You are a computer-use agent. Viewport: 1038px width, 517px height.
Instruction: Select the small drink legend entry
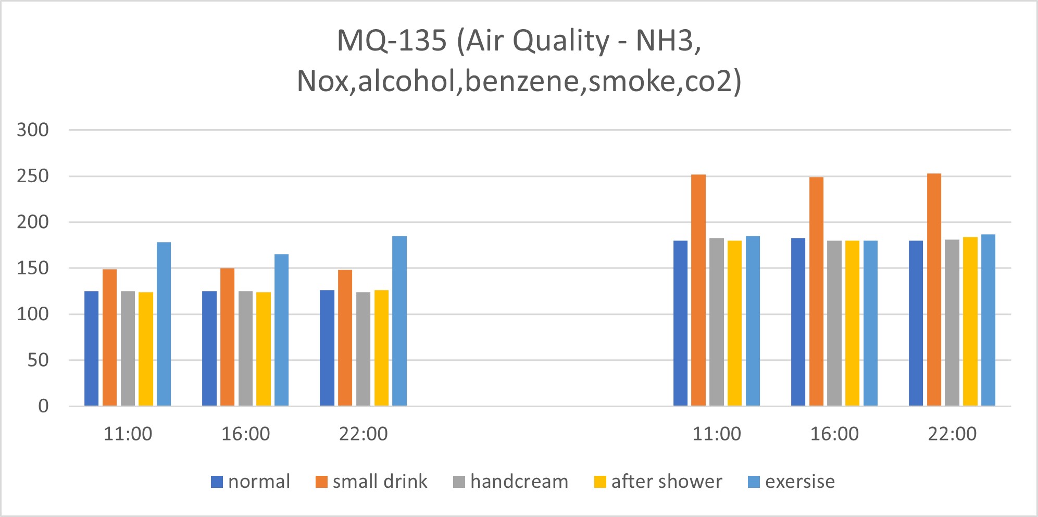coord(371,482)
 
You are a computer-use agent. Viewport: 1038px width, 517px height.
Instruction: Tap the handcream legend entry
coord(510,482)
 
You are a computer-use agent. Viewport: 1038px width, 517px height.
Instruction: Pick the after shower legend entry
coord(658,482)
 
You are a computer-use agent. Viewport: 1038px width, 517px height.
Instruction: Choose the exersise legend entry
coord(792,482)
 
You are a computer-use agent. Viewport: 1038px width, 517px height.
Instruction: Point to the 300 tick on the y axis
coord(33,130)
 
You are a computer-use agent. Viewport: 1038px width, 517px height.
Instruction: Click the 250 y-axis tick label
coord(33,176)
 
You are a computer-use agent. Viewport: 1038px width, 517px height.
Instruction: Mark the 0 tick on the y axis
coord(43,406)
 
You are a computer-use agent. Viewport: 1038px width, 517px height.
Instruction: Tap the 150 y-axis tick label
coord(33,268)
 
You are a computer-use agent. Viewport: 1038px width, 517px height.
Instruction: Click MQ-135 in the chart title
coord(392,41)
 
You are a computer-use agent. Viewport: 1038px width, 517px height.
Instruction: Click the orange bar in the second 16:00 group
coord(816,292)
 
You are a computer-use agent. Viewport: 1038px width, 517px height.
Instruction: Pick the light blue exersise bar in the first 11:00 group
coord(164,324)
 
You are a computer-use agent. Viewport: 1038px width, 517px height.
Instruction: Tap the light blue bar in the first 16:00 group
coord(281,330)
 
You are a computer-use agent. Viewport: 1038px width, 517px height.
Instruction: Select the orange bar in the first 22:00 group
coord(345,338)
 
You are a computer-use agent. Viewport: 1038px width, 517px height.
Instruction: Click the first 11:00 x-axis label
coord(128,434)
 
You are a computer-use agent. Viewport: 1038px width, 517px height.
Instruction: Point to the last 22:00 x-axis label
coord(952,434)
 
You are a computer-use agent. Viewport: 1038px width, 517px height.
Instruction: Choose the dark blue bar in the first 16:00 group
coord(209,348)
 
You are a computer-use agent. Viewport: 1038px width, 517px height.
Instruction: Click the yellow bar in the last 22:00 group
coord(970,321)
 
